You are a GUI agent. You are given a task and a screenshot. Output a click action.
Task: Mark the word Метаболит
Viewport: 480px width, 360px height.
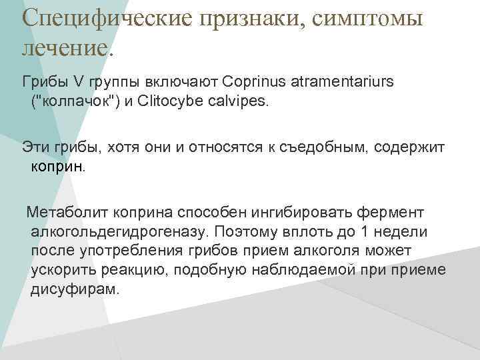(x=65, y=212)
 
